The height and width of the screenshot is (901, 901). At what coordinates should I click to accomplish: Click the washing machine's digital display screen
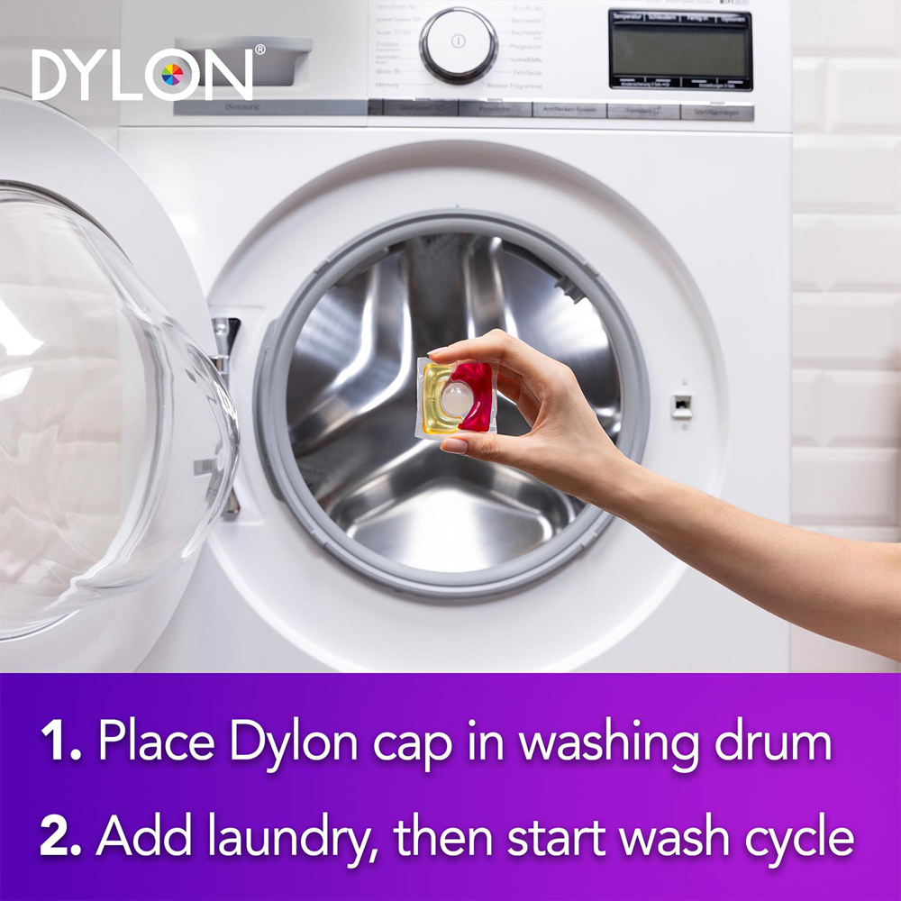pyautogui.click(x=680, y=49)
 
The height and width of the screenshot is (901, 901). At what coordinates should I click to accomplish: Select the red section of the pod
pyautogui.click(x=478, y=396)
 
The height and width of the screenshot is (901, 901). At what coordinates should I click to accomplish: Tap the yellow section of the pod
pyautogui.click(x=434, y=396)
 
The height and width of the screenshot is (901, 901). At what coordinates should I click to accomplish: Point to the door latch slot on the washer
pyautogui.click(x=682, y=405)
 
